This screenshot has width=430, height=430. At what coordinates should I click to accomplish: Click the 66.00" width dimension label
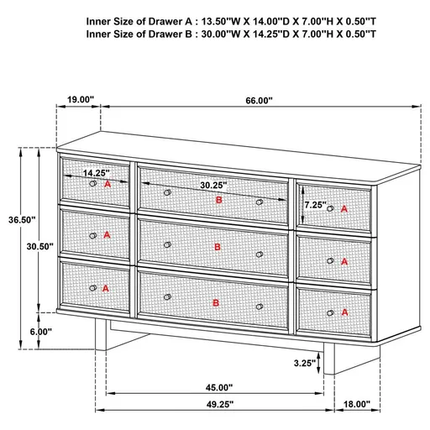[x=260, y=100]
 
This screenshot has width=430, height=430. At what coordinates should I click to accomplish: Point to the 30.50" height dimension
[x=40, y=247]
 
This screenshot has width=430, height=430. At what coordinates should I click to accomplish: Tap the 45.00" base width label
[x=219, y=387]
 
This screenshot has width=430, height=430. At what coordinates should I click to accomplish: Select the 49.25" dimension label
[x=219, y=404]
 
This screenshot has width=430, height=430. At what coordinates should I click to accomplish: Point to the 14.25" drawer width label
[x=96, y=173]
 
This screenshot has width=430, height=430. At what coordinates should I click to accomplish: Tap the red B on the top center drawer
[x=219, y=200]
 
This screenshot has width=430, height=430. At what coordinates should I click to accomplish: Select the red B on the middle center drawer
[x=218, y=247]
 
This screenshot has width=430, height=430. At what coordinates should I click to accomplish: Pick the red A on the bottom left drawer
[x=106, y=287]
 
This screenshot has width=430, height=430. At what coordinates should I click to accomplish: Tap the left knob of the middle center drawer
[x=168, y=244]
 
